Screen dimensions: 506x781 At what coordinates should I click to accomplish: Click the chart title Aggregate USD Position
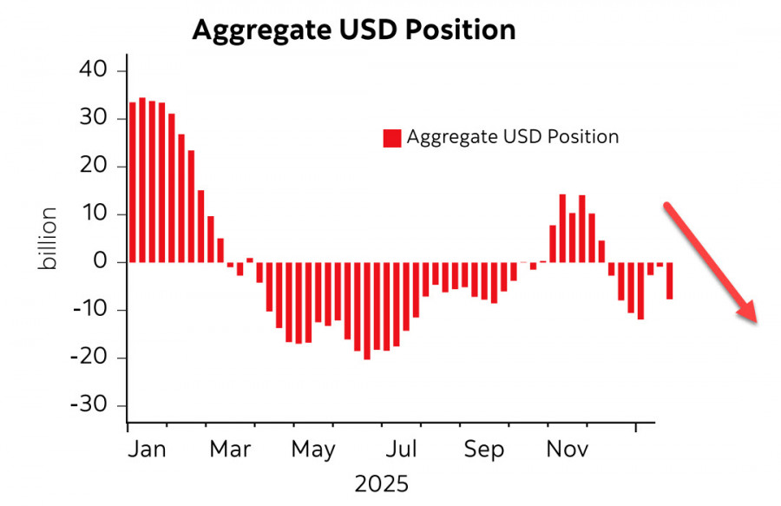point(353,30)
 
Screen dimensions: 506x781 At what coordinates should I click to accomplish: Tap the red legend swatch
point(392,137)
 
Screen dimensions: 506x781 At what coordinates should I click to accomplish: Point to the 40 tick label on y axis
point(96,70)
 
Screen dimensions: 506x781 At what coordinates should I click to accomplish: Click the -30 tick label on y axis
point(92,406)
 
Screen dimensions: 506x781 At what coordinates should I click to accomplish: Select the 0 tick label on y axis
point(103,262)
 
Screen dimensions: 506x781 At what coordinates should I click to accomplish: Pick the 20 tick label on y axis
point(96,167)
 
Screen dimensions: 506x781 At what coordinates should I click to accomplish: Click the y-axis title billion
point(49,238)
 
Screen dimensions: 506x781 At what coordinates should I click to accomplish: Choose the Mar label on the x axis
point(231,450)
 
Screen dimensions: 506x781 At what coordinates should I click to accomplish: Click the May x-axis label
point(312,450)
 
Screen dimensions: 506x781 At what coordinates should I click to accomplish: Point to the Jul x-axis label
point(402,450)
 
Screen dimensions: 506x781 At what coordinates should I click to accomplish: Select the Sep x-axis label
point(482,450)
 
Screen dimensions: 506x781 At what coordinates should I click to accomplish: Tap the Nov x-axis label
point(568,450)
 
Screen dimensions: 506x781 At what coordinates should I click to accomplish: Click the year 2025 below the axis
point(382,483)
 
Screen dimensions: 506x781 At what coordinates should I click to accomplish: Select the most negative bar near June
point(367,310)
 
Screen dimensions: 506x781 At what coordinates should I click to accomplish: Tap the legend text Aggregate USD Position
point(513,137)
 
